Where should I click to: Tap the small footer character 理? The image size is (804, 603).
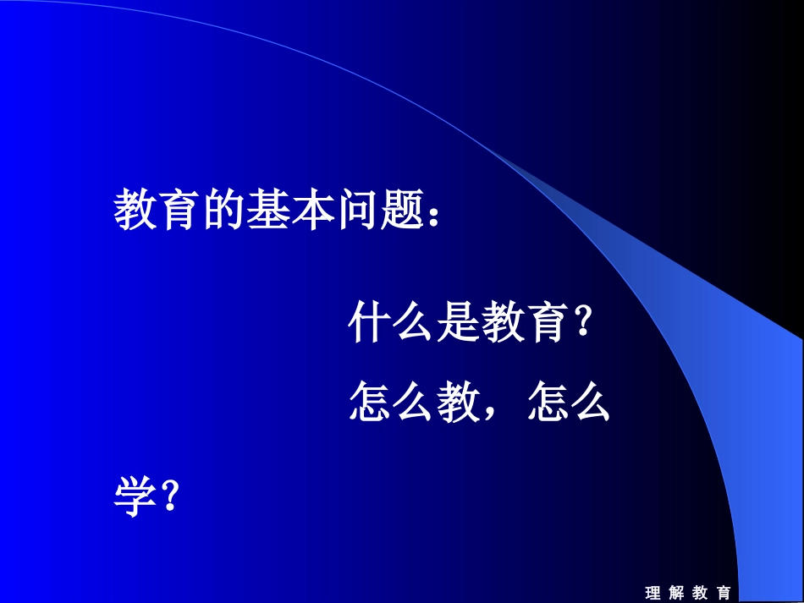point(653,593)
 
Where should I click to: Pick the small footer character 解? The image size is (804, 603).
point(676,593)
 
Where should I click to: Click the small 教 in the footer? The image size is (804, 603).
point(700,593)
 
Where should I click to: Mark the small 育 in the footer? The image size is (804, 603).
point(723,593)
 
